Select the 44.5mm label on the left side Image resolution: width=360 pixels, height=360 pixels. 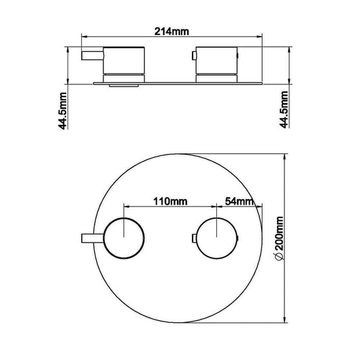[61, 110]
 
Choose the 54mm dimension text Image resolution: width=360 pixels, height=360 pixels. [238, 201]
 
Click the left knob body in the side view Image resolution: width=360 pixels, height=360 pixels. [124, 61]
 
